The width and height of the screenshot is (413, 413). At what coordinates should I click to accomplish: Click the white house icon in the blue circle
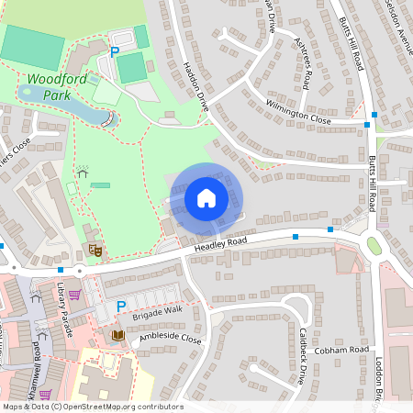click(206, 197)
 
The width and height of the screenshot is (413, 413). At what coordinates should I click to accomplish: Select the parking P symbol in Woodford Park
click(115, 52)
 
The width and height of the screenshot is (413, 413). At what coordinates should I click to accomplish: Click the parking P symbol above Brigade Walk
click(120, 306)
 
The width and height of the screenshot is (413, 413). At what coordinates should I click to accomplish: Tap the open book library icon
click(117, 336)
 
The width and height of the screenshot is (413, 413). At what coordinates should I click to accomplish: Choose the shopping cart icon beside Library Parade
click(75, 295)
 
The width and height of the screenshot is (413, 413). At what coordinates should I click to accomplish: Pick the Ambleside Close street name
click(170, 339)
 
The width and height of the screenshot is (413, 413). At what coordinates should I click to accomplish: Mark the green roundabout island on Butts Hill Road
click(374, 245)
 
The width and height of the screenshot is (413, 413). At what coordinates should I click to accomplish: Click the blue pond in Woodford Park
click(64, 107)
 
